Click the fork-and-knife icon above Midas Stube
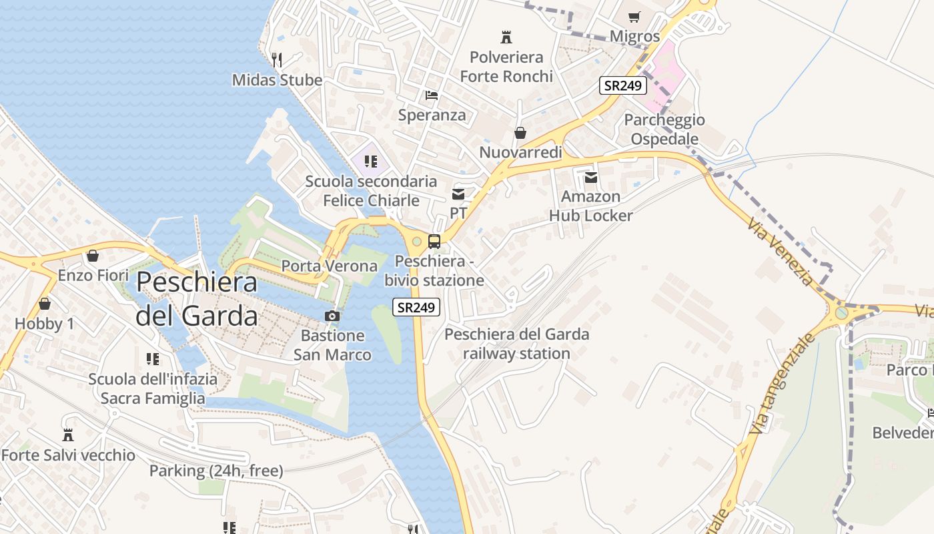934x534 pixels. [277, 60]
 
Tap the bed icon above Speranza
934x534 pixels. [432, 95]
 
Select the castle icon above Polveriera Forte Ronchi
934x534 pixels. [506, 37]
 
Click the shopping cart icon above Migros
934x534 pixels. [634, 17]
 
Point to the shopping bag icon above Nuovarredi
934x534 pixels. [520, 133]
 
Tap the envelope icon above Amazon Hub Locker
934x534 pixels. [590, 177]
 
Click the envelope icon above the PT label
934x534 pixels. [458, 194]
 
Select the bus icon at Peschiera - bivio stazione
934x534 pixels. [434, 242]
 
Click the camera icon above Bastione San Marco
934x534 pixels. [332, 316]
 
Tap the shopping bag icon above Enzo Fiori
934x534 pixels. [93, 256]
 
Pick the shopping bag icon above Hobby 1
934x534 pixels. [45, 304]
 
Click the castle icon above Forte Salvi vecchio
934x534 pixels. [68, 435]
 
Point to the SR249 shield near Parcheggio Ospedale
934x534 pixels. [623, 85]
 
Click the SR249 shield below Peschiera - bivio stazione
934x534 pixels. [416, 307]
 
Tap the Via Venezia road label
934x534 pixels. [781, 252]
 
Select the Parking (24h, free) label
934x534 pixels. [216, 471]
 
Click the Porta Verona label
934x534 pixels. [329, 266]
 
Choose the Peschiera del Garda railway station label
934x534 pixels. [517, 344]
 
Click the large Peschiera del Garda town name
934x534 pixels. [197, 298]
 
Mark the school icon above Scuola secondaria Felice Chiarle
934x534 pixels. [371, 161]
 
